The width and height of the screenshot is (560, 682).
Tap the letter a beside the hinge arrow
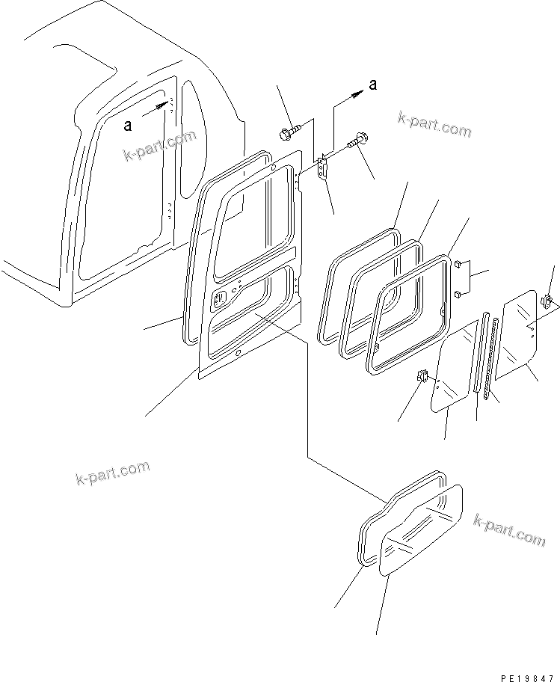click(x=372, y=85)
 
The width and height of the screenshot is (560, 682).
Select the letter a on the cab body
click(x=128, y=126)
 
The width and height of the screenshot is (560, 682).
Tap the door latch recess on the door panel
click(x=221, y=301)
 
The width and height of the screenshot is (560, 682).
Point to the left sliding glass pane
click(x=453, y=372)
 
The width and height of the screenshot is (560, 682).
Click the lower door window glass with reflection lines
click(x=422, y=529)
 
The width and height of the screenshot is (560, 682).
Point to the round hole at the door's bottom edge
click(x=237, y=353)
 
